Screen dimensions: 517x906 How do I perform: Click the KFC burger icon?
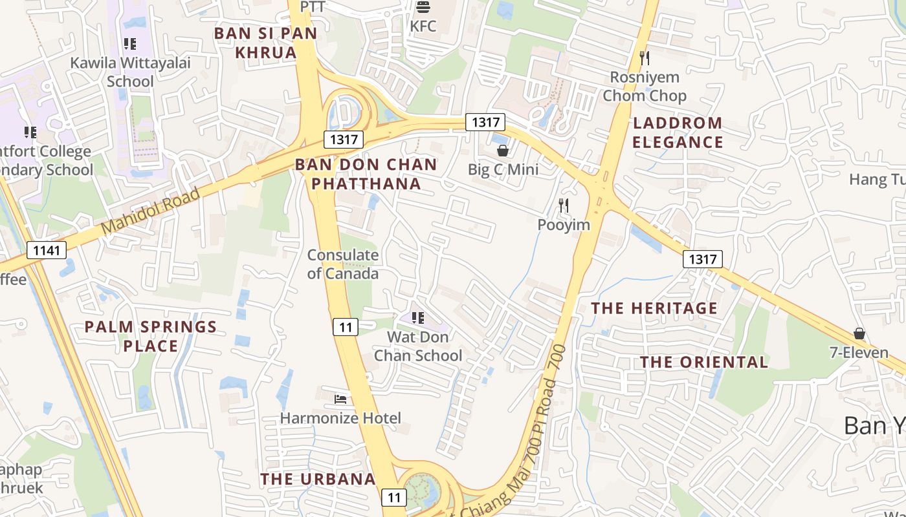pos(423,7)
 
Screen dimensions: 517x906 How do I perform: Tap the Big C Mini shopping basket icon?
pos(503,151)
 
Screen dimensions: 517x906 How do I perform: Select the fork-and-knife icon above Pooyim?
pos(564,206)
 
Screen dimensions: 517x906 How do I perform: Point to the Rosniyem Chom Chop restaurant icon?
pos(645,58)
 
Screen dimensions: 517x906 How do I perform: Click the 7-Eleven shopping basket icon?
pos(859,333)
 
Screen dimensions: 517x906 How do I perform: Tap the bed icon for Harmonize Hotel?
pos(340,399)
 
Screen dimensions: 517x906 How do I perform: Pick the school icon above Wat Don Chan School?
pos(418,318)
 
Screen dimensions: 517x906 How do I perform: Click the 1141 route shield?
pos(47,250)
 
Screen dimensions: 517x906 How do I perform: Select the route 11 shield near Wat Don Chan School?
pos(346,327)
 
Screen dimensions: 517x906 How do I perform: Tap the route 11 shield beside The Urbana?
pos(394,497)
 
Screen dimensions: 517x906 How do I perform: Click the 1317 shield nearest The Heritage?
pos(702,259)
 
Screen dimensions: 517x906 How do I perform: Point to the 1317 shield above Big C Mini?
pos(485,121)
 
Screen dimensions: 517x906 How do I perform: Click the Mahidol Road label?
pos(151,211)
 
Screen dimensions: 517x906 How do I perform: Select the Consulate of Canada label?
pos(343,264)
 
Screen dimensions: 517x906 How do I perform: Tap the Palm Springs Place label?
pos(151,336)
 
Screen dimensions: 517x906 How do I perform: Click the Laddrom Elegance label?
pos(678,132)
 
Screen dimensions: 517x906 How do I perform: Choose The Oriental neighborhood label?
pos(704,362)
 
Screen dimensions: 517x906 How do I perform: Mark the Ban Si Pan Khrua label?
pos(266,43)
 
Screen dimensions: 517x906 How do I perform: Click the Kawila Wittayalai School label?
pos(130,72)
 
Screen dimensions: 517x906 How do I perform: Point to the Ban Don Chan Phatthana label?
pos(366,174)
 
